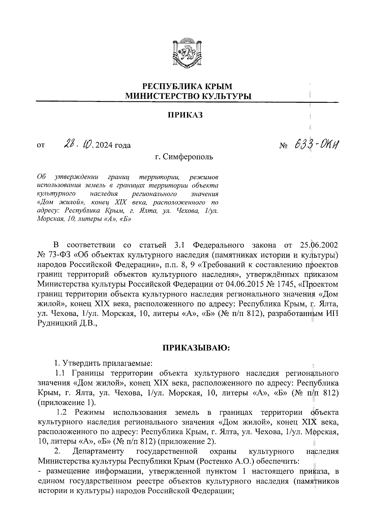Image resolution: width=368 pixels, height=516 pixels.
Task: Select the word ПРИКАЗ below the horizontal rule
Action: [185, 115]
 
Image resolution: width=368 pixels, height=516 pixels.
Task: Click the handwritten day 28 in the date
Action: [68, 144]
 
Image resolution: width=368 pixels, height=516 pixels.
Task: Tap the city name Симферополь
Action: [188, 157]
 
